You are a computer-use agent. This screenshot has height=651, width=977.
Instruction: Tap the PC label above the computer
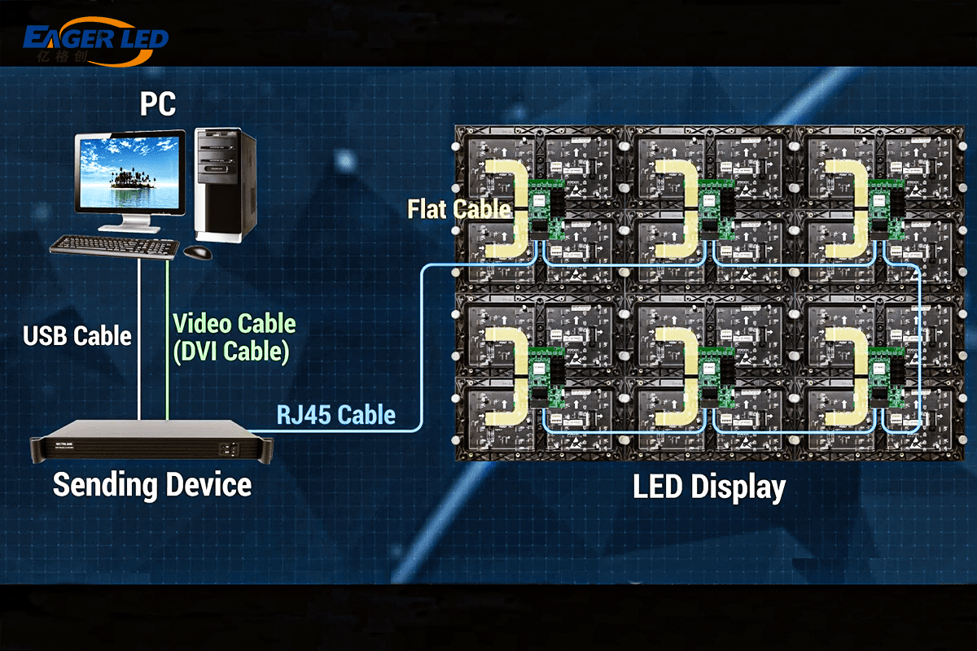point(157,105)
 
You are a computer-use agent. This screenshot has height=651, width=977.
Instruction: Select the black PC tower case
point(225,184)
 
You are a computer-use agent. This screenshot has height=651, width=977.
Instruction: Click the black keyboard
point(114,245)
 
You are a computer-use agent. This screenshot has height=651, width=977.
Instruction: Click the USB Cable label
point(77,335)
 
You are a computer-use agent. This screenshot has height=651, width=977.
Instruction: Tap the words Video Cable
point(234,324)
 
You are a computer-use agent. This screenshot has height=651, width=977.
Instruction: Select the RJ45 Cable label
point(335,415)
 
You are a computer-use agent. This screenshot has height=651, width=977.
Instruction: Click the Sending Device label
point(152,485)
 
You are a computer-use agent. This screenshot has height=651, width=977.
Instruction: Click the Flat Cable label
point(458,209)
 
